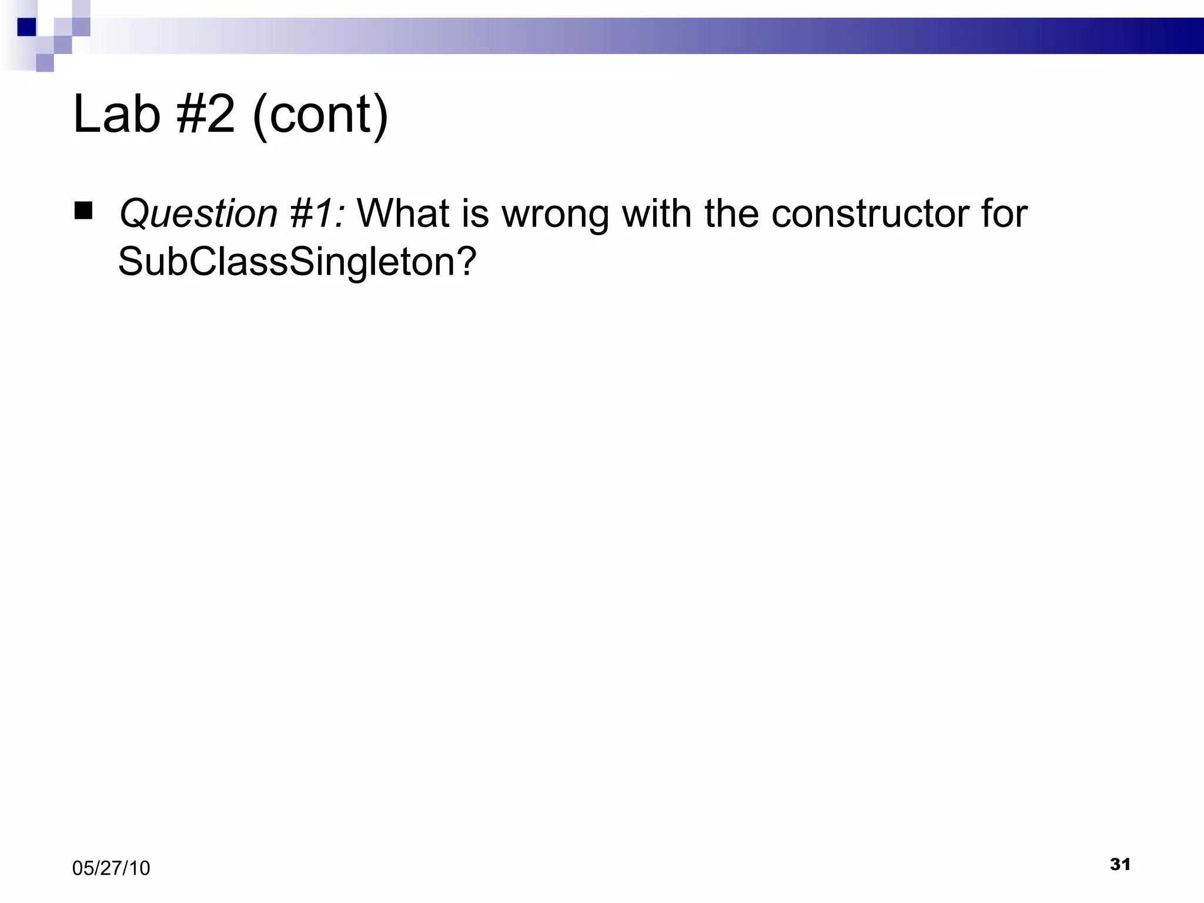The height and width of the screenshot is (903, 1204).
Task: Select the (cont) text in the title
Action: pyautogui.click(x=320, y=115)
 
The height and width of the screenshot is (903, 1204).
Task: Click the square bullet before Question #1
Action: pyautogui.click(x=83, y=211)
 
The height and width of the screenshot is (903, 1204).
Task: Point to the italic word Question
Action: pyautogui.click(x=198, y=213)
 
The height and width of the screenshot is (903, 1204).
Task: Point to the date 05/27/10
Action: pyautogui.click(x=111, y=868)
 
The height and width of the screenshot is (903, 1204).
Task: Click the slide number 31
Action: pyautogui.click(x=1120, y=864)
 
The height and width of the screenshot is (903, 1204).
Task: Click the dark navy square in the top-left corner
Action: pyautogui.click(x=26, y=27)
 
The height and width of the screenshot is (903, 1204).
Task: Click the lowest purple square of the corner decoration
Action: pyautogui.click(x=45, y=63)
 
